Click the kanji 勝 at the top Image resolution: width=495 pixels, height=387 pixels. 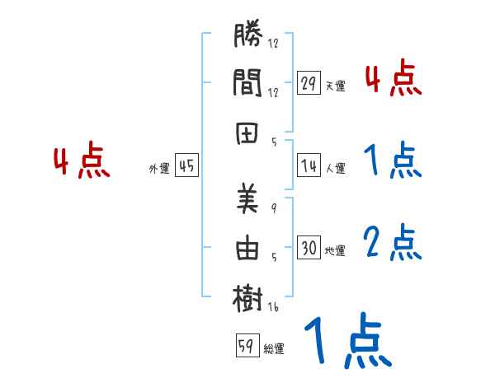coord(248,37)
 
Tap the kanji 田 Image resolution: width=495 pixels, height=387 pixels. coord(248,133)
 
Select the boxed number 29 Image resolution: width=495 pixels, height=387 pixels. coord(309,83)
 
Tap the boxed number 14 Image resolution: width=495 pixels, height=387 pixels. coord(309,166)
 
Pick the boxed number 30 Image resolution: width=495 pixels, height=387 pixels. coord(309,248)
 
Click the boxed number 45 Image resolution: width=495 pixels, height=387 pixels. coord(186,166)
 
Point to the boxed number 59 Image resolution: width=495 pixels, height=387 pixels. coord(245,347)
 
